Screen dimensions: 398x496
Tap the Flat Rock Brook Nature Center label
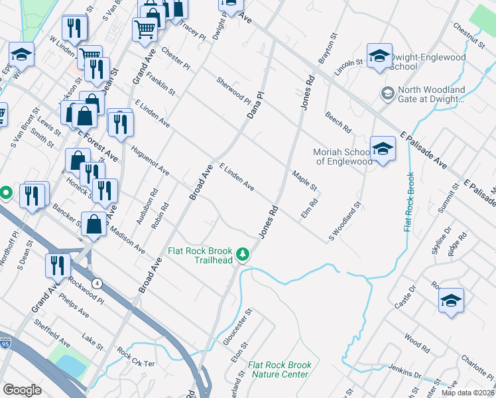(279, 370)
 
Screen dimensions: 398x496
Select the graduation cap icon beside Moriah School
(383, 149)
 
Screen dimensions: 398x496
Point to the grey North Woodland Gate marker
(386, 94)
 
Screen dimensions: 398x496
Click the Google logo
(23, 390)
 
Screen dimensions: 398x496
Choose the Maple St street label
(304, 180)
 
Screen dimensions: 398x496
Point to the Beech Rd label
(338, 121)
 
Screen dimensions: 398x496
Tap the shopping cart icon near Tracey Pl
(145, 29)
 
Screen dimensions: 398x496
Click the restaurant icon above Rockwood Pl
(58, 265)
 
